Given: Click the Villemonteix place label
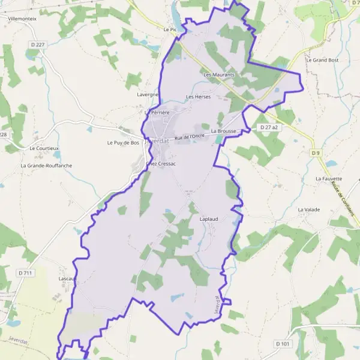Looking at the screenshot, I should [21, 19].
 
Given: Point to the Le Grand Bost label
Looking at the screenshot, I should [322, 60].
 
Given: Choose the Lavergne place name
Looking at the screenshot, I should [147, 95].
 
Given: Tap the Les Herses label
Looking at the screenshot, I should [198, 97].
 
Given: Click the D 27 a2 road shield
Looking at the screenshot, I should [269, 128].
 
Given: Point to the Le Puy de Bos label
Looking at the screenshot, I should [123, 143].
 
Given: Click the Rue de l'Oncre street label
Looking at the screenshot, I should [190, 138].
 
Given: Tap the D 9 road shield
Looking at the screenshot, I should [316, 154].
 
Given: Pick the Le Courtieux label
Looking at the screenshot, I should [44, 148].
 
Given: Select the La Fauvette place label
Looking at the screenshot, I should [329, 179].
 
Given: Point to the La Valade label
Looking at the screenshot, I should [309, 209].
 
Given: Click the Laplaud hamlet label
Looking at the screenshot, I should [208, 220].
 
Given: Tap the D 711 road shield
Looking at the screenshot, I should [25, 273].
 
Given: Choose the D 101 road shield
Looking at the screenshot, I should [283, 344].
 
